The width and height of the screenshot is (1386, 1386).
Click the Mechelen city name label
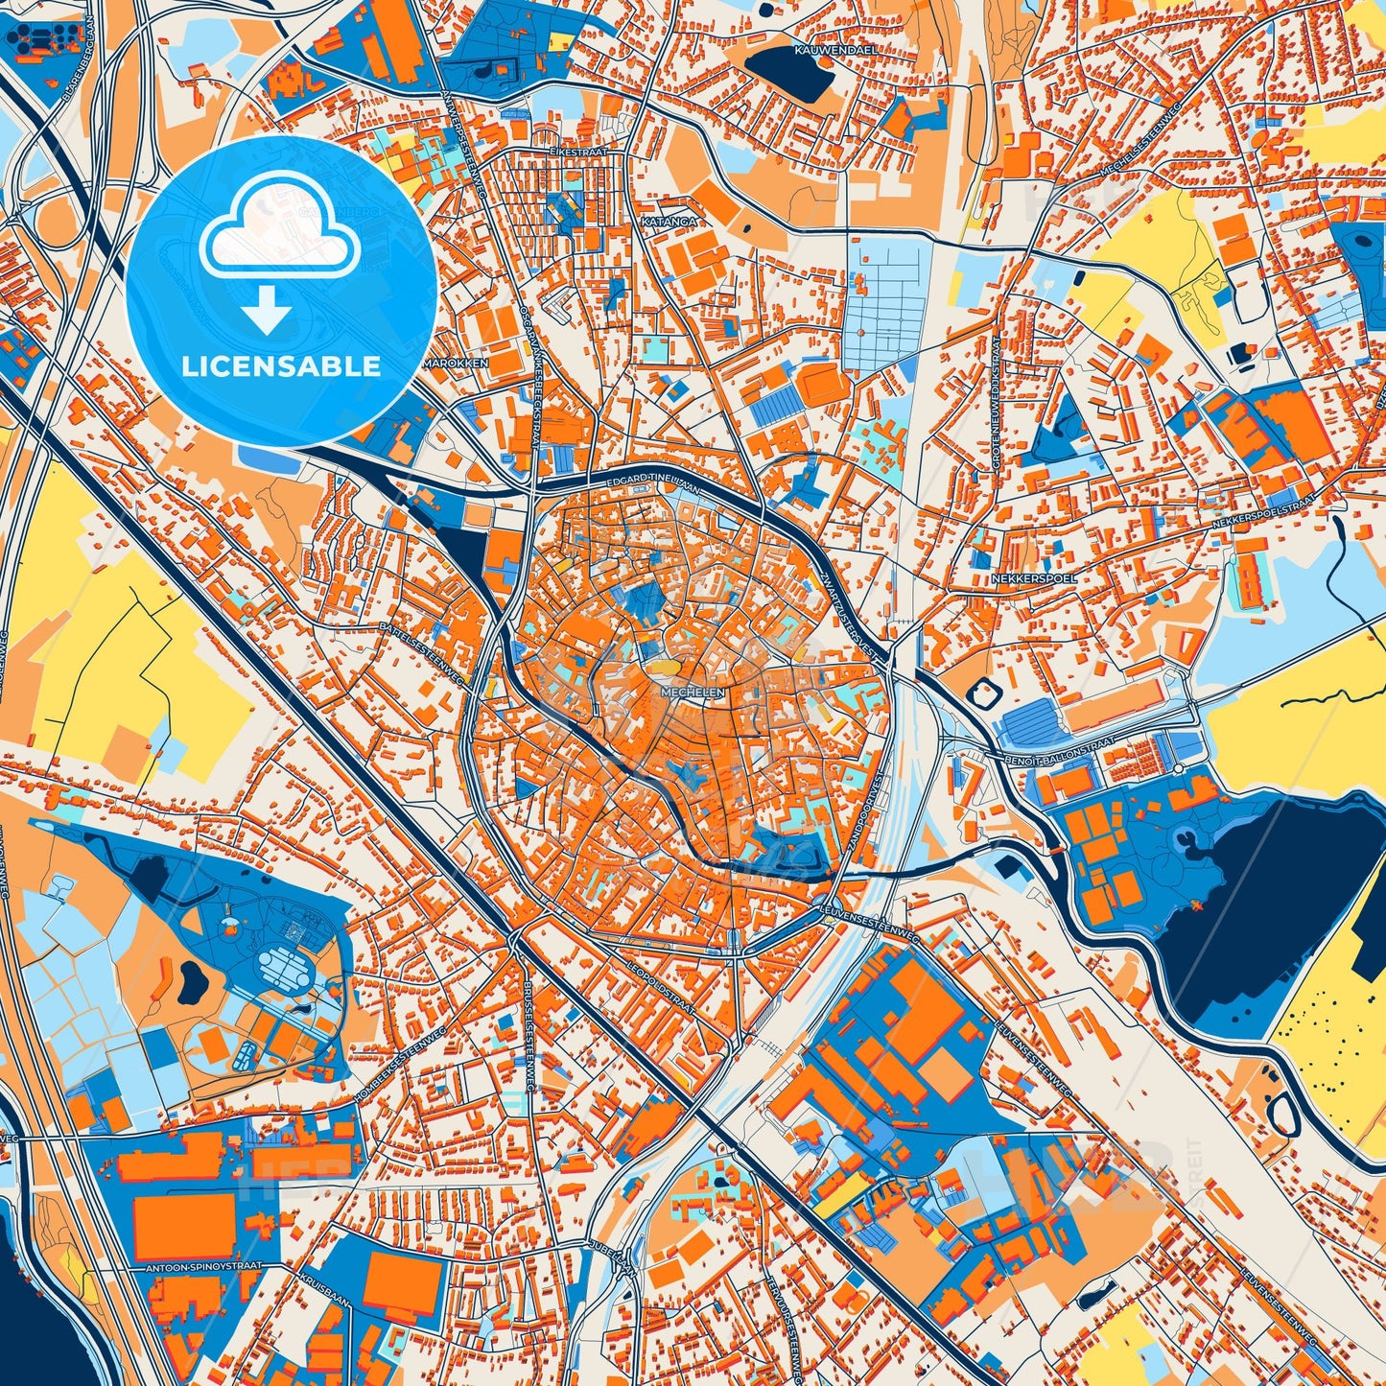(693, 690)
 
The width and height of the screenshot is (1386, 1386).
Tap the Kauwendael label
(824, 47)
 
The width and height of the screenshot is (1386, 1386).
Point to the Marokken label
(457, 364)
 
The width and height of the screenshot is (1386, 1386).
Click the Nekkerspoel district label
(1034, 578)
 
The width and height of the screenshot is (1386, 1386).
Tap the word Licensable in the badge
(281, 365)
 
